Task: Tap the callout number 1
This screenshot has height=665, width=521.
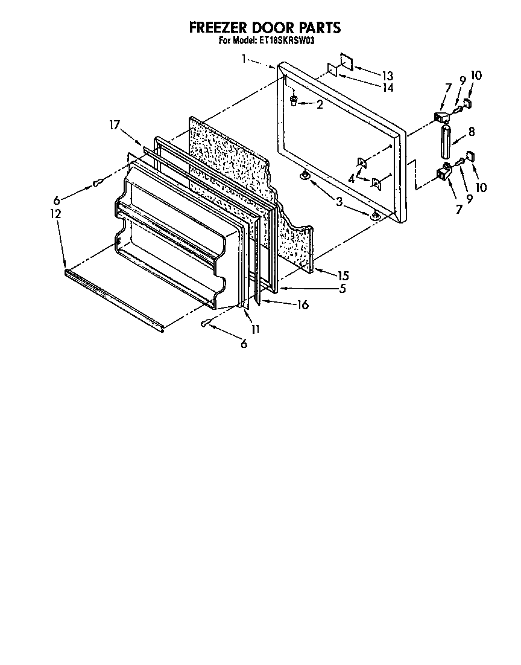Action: [244, 59]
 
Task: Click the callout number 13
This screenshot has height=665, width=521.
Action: [387, 75]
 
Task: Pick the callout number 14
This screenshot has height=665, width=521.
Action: [387, 88]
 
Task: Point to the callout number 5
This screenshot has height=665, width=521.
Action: [342, 289]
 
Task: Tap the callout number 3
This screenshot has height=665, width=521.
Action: [339, 203]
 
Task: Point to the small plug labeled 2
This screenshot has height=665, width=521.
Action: [294, 100]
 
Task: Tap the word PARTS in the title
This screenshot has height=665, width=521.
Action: [317, 28]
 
